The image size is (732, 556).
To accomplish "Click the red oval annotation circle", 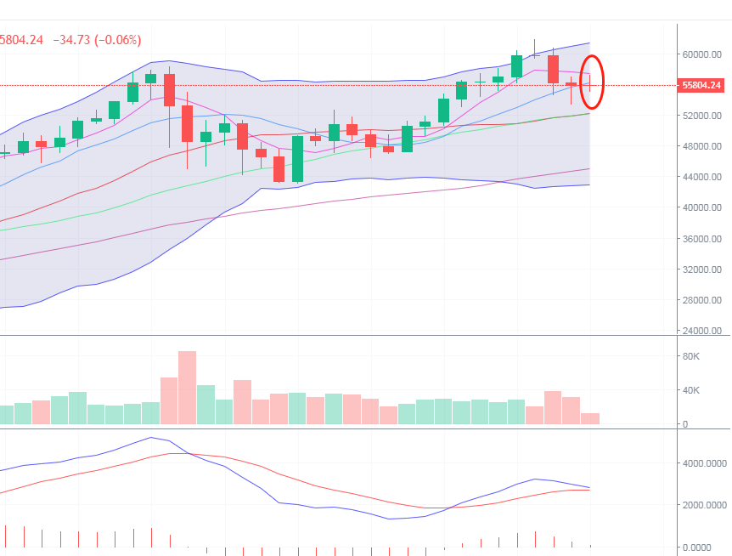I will point(592,82).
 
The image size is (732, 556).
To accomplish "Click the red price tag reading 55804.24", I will point(701,86).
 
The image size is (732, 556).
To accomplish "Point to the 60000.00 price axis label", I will point(702,54).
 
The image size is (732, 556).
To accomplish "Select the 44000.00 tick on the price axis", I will point(702,177).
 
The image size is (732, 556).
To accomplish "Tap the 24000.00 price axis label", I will point(702,331).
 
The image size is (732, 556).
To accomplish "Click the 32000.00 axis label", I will point(702,269).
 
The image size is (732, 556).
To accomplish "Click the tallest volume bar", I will point(187,387).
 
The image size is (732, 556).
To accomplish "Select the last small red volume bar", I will point(590,418).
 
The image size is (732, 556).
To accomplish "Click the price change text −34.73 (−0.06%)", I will point(97,40).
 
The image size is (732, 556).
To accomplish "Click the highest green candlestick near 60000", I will point(516,66).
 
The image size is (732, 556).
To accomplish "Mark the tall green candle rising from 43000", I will point(297,158).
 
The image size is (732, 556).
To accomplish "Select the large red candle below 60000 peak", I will point(553,69).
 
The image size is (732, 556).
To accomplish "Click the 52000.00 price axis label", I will point(702,116).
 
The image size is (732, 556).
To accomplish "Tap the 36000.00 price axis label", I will point(702,239).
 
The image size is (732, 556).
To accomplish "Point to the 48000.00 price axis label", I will point(702,146).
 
